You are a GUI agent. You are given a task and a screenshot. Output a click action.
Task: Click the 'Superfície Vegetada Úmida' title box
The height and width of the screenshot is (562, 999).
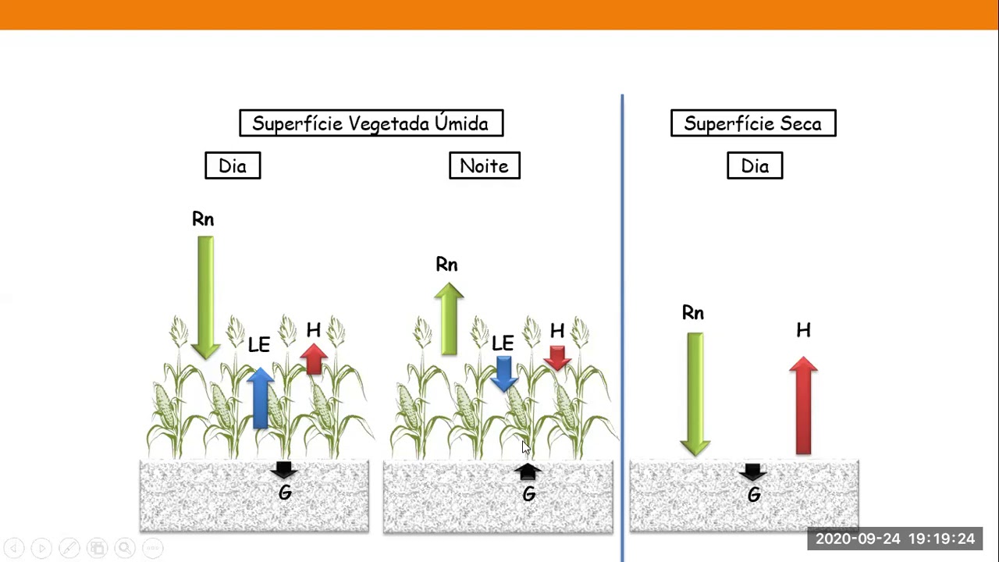(372, 123)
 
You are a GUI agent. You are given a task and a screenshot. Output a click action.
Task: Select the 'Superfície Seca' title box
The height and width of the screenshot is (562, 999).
(753, 123)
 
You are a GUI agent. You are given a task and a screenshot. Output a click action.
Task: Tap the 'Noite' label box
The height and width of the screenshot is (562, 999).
(485, 165)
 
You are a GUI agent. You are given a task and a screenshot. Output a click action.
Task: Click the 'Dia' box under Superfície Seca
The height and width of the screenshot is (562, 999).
(755, 165)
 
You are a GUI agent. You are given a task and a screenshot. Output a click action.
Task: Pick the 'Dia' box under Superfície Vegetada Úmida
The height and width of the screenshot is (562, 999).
(233, 165)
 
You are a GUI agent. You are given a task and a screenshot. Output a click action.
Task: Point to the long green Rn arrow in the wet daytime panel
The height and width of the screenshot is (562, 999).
(205, 297)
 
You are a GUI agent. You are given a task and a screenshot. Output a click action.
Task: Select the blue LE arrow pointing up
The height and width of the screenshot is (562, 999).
(260, 397)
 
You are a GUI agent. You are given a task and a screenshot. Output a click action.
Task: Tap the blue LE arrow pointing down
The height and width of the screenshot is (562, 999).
(503, 372)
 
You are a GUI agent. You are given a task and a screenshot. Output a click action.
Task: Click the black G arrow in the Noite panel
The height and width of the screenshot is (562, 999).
(528, 471)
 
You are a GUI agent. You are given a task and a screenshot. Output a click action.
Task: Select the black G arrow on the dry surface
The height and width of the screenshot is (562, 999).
(753, 471)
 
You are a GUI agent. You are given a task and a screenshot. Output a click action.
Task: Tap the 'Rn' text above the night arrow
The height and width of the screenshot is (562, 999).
(446, 265)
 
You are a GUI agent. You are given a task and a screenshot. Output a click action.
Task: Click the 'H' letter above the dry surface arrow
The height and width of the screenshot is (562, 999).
(803, 331)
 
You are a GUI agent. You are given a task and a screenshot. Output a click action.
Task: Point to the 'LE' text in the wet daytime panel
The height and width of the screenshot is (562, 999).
(258, 345)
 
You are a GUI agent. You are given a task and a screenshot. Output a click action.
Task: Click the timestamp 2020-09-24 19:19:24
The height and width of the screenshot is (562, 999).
(895, 539)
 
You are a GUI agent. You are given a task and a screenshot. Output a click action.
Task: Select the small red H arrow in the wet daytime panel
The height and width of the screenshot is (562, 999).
(314, 359)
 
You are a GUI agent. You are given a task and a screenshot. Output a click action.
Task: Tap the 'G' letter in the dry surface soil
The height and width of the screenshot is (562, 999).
(754, 495)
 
